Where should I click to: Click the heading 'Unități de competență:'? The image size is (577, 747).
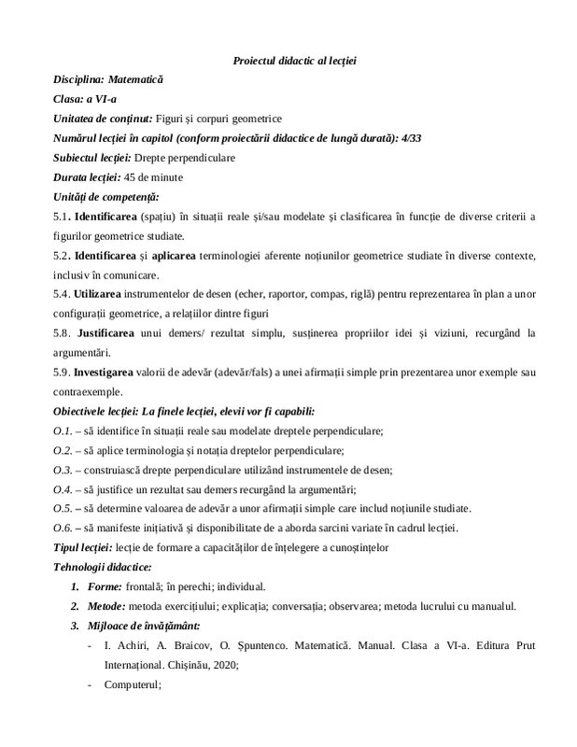click(106, 197)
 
